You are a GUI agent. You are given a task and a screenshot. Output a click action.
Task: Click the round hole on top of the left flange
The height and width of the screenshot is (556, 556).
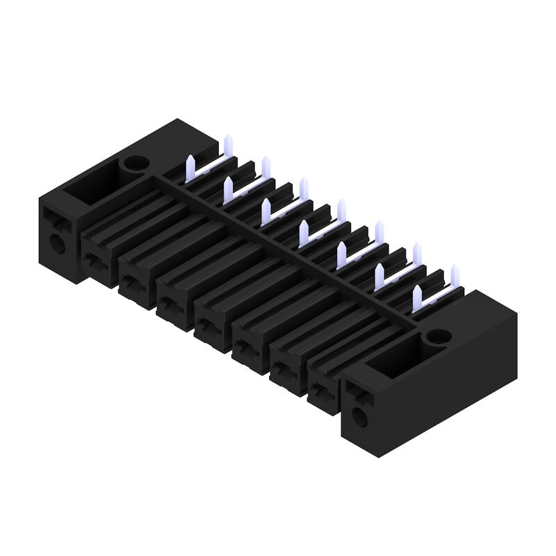pos(133,165)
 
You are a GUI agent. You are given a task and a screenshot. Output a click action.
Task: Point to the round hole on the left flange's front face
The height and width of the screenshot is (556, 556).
pos(56,243)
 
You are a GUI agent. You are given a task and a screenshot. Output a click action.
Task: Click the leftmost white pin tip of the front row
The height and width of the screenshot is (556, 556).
pos(189,164)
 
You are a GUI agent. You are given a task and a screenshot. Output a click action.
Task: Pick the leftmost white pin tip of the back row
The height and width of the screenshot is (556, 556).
pos(228,143)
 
